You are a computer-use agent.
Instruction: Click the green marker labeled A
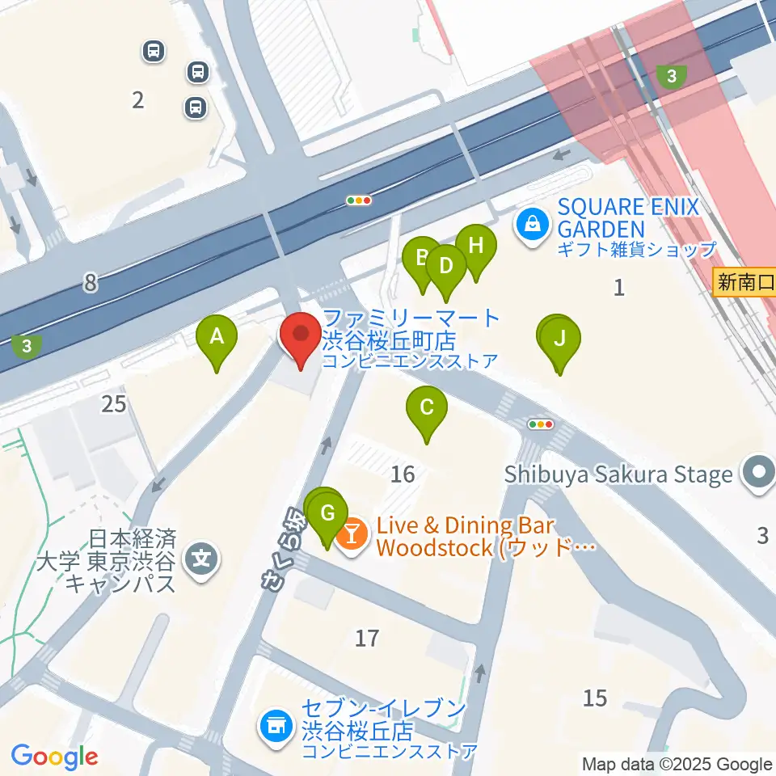[x=217, y=337]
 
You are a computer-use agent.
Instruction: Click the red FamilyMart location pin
[x=301, y=335]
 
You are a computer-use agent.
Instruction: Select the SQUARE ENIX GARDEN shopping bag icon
[x=533, y=220]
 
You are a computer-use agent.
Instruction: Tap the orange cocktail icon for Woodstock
[x=352, y=533]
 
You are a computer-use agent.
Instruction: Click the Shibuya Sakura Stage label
[x=618, y=474]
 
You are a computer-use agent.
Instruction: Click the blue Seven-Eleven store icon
[x=275, y=725]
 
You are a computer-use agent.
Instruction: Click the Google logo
[x=54, y=757]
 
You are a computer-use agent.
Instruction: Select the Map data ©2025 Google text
[x=677, y=764]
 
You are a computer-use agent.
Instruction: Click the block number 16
[x=403, y=474]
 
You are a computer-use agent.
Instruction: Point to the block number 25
[x=114, y=403]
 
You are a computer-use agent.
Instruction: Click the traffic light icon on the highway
[x=358, y=200]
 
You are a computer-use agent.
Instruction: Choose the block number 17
[x=367, y=639]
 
